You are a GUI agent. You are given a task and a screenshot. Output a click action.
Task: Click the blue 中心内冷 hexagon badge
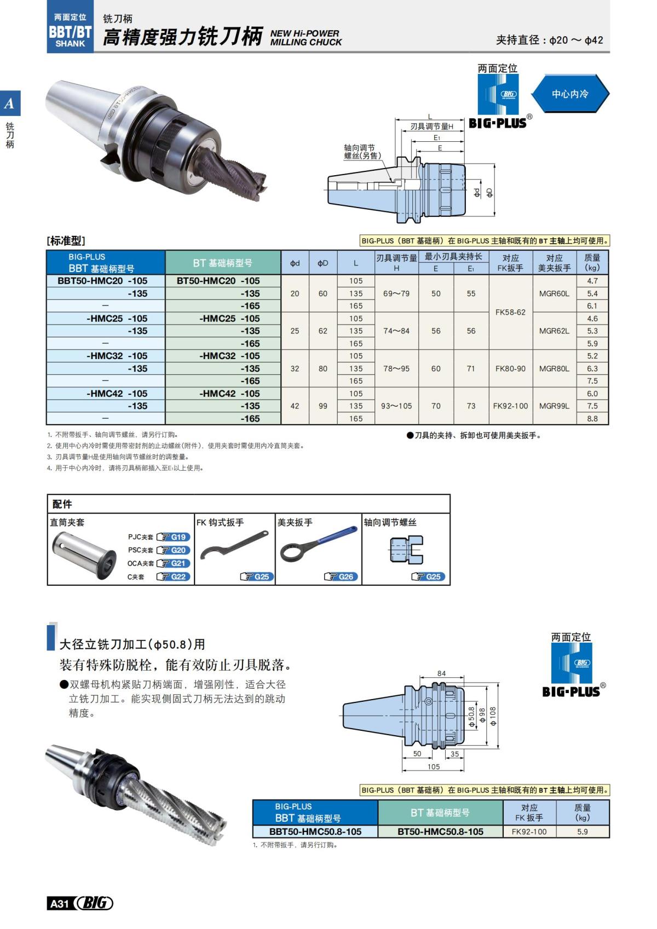(570, 94)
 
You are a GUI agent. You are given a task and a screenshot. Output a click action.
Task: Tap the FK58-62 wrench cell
(510, 312)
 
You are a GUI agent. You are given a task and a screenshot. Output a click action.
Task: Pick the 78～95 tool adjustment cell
(396, 368)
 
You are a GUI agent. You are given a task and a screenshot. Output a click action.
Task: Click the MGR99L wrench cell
(554, 406)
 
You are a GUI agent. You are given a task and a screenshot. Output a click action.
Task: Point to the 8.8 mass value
(592, 419)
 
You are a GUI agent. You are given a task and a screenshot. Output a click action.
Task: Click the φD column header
(323, 263)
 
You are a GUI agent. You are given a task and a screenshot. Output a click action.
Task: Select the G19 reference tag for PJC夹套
(174, 537)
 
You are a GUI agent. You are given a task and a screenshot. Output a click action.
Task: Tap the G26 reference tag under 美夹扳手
(341, 576)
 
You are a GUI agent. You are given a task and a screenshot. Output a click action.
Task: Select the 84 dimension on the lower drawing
(441, 673)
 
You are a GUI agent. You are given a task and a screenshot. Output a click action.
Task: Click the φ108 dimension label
(493, 716)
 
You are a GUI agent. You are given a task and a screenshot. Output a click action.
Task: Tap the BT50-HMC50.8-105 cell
(440, 832)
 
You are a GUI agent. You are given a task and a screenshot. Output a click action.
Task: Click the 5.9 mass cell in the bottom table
(582, 832)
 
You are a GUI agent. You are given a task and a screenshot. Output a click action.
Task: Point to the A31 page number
(59, 904)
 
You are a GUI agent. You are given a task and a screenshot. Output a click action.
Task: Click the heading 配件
(62, 504)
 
